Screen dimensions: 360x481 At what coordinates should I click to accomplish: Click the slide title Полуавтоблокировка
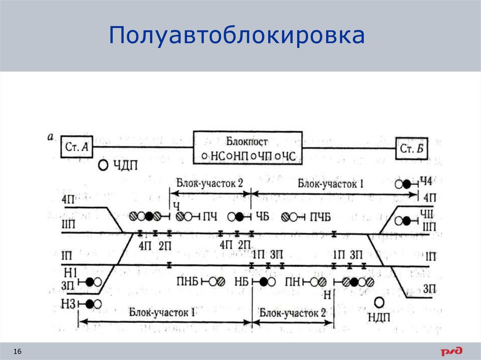point(237,36)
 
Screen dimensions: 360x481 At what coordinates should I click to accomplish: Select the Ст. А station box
point(77,148)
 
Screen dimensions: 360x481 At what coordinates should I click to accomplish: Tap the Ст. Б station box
point(412,149)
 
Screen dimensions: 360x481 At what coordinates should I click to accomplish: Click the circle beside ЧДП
point(104,165)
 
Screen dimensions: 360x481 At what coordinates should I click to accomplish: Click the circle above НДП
point(379,302)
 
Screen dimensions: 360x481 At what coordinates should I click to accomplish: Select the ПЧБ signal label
point(320,217)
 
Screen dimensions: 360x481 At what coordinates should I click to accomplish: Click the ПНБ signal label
point(187,282)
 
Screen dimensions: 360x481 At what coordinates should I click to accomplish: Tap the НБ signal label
point(240,282)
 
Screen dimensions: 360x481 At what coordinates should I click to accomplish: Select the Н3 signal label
point(69,304)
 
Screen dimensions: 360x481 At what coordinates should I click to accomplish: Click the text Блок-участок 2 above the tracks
point(209,184)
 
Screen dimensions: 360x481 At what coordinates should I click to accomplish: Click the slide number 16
point(18,352)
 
